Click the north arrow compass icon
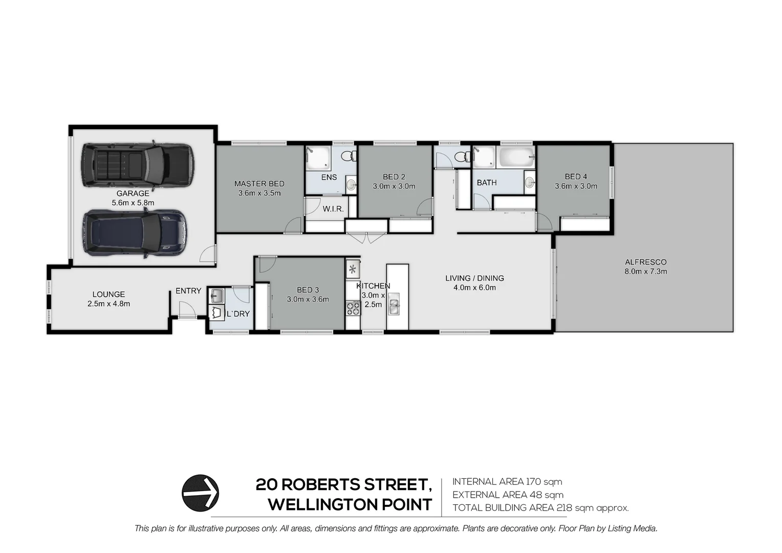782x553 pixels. [x=200, y=493]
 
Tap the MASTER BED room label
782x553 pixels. [x=259, y=184]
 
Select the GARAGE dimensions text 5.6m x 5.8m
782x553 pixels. [x=133, y=203]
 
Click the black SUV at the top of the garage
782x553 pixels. [x=137, y=165]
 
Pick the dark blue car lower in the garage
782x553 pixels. [x=135, y=232]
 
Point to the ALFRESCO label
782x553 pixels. [x=645, y=262]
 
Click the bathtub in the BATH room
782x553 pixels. [x=516, y=157]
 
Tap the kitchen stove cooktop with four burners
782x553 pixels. [x=353, y=308]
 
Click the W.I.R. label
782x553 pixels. [x=333, y=209]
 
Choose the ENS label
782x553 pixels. [x=329, y=177]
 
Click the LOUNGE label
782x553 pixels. [x=108, y=294]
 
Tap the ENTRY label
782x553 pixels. [x=188, y=291]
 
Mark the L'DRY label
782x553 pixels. [x=238, y=313]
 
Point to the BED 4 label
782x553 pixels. [x=576, y=177]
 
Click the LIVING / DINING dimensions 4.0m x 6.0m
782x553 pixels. [x=474, y=288]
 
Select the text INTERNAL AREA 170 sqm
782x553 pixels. [x=507, y=482]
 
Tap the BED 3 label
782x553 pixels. [x=308, y=290]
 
